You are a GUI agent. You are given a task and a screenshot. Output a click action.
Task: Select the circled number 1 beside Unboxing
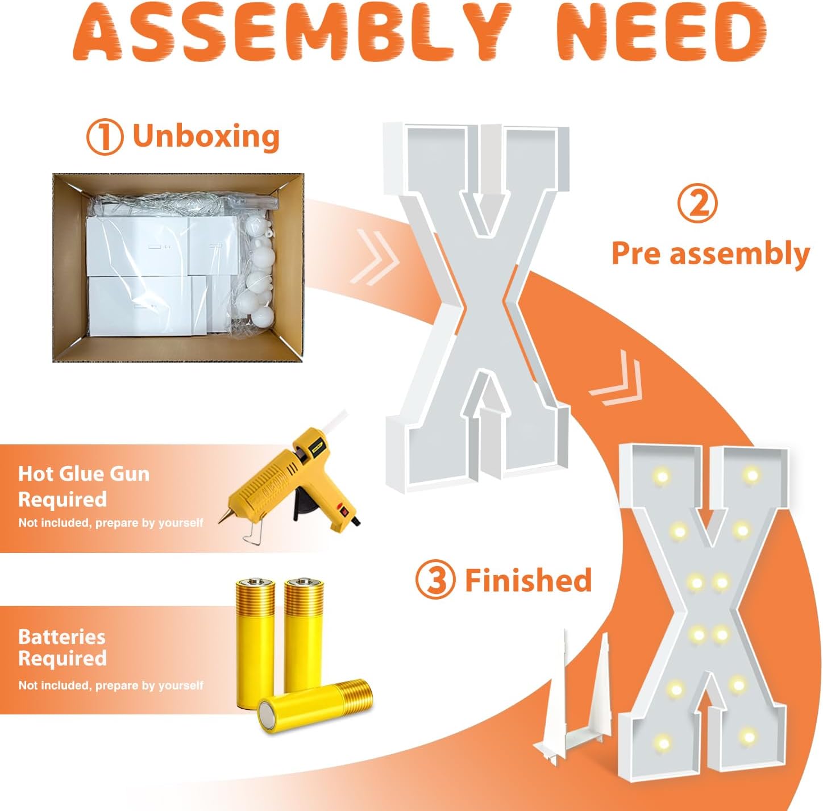point(105,137)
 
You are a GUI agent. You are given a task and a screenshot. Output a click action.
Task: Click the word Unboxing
point(206,136)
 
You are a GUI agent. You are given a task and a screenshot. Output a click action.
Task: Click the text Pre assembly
point(710,253)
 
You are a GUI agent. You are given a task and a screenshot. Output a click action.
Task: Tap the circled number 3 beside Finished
point(435,580)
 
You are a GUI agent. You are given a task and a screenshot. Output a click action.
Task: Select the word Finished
point(529,580)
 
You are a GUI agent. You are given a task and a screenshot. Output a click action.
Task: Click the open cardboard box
point(178,267)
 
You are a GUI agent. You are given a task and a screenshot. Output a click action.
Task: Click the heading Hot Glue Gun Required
point(84,486)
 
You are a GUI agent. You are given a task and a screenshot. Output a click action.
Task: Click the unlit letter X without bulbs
point(477,307)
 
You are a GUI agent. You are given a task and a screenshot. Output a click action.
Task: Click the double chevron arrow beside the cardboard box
point(375,257)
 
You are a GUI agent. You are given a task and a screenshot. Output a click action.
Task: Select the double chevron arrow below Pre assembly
point(617,379)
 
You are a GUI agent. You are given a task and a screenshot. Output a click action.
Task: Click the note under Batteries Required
point(111,686)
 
